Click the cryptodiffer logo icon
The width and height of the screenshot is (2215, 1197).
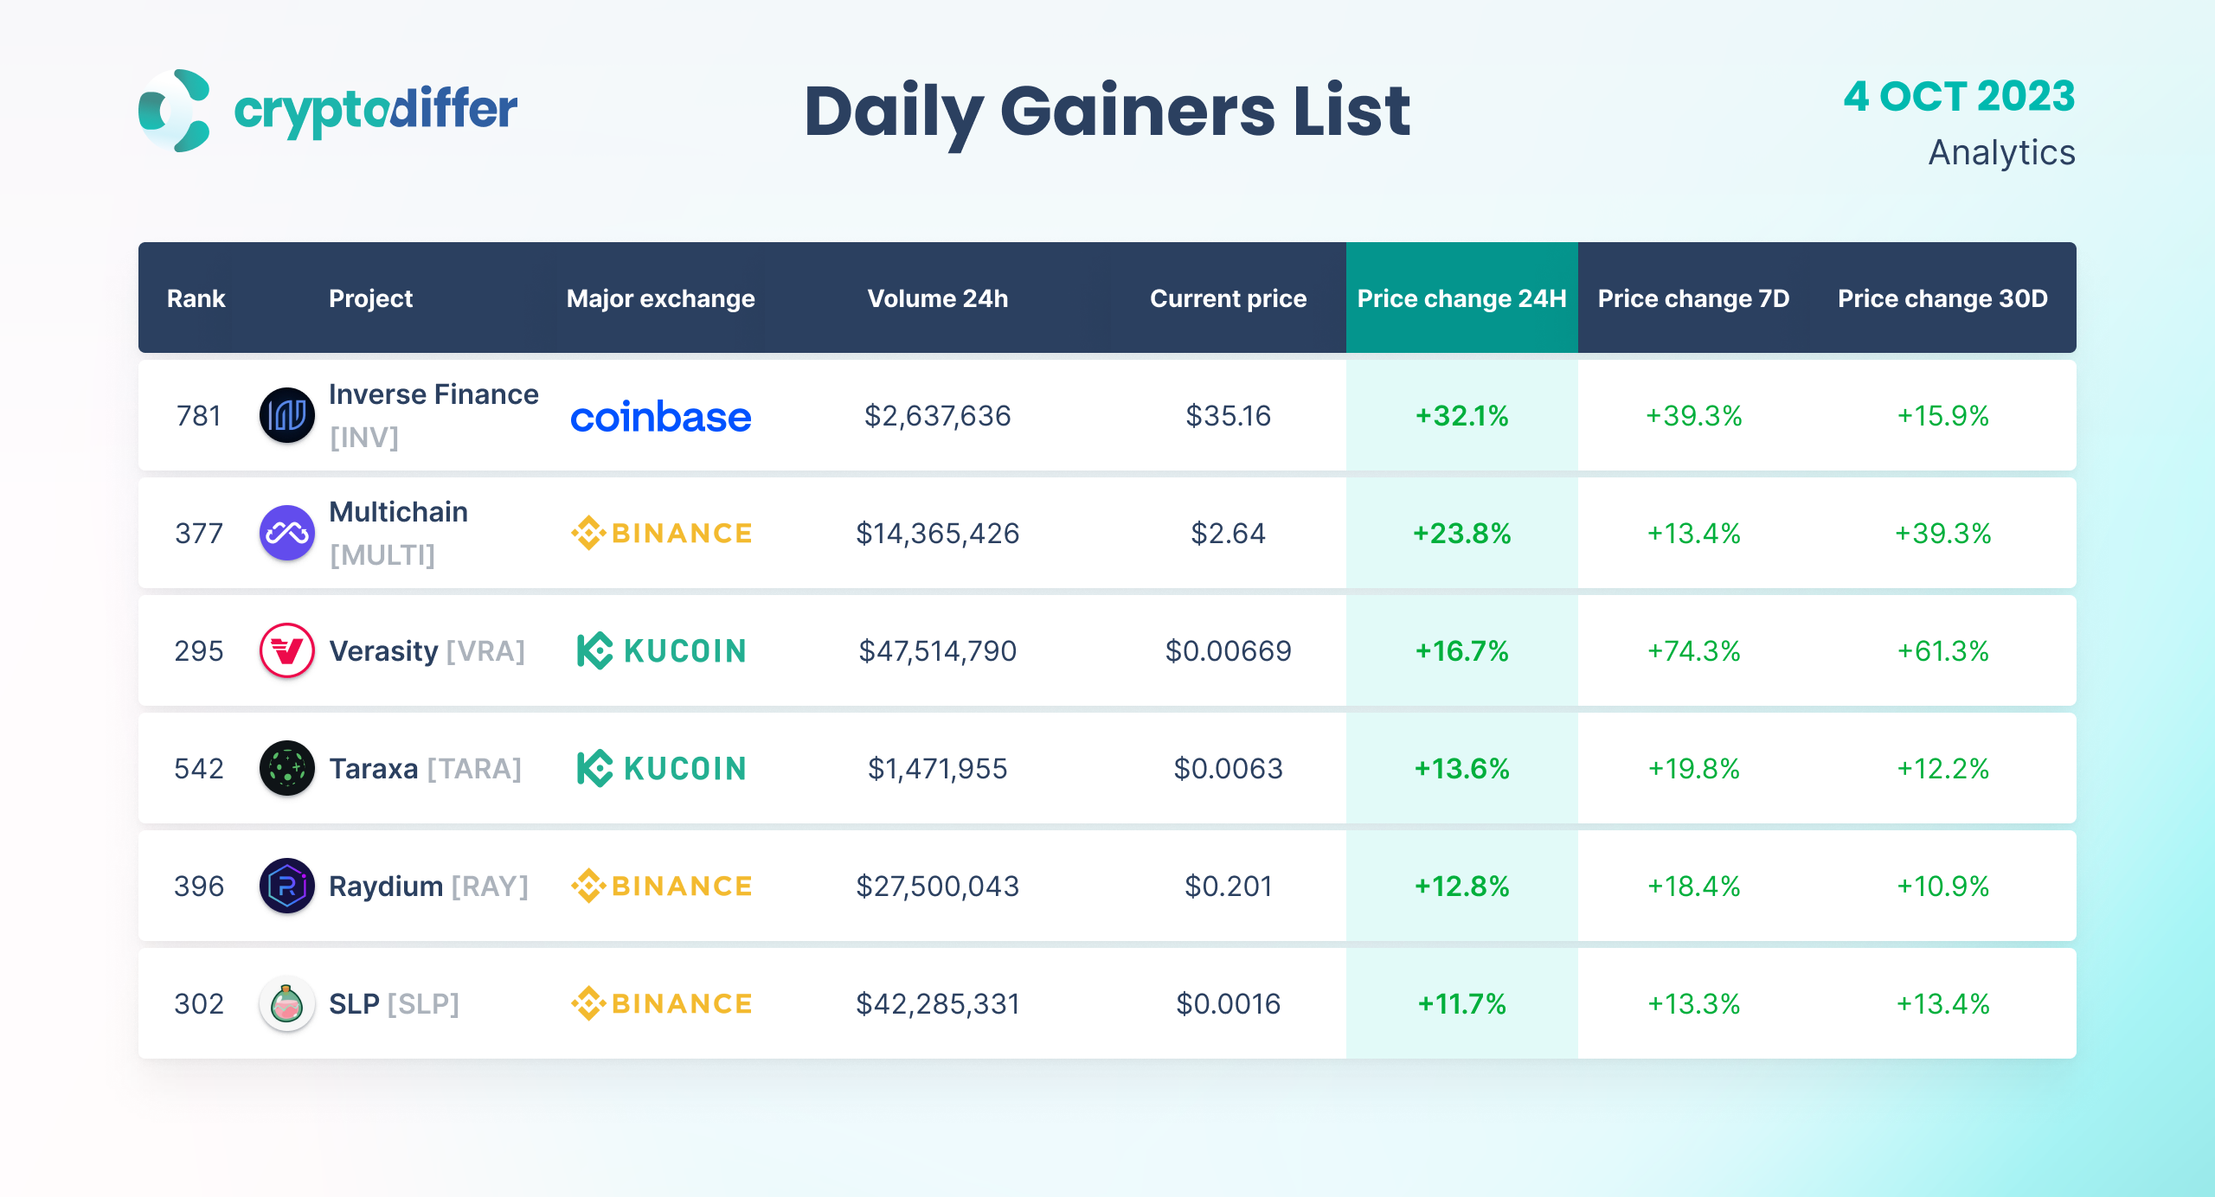pos(175,111)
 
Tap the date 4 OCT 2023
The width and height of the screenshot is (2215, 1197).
pos(1959,96)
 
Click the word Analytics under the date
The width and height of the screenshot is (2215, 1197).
pos(2001,153)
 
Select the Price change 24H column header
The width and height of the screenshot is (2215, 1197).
pos(1461,298)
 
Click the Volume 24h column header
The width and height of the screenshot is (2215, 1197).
pos(937,298)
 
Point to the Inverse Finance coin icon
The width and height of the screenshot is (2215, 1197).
pos(286,415)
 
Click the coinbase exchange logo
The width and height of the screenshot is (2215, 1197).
pos(660,417)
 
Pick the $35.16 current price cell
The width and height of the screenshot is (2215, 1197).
pos(1228,416)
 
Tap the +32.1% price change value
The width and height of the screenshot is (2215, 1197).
pos(1461,416)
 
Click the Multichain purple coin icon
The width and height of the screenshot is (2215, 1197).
pos(286,533)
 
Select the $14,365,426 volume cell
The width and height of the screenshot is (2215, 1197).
pos(937,534)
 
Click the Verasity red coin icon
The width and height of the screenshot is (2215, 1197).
pos(286,650)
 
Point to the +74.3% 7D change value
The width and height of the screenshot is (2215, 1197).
pos(1693,651)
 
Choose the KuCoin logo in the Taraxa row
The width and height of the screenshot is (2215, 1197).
pos(661,769)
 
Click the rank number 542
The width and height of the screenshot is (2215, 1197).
pos(199,769)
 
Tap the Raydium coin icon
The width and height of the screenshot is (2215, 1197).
pos(286,886)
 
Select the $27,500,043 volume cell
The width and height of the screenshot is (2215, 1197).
pos(937,887)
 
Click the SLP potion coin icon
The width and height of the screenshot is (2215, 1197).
pos(286,1003)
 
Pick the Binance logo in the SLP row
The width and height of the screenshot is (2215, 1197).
pos(661,1004)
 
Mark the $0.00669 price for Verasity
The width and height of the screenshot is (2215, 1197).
pos(1228,651)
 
